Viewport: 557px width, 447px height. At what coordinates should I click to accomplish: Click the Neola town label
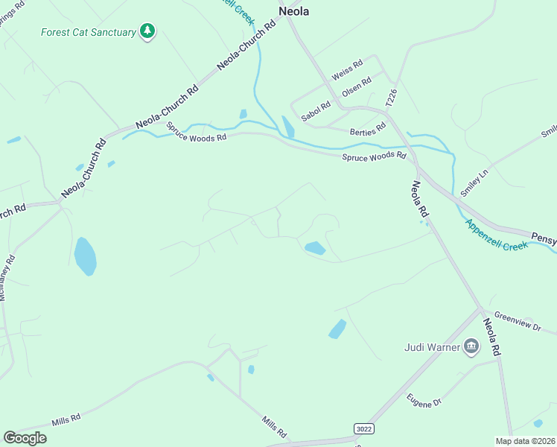(x=293, y=11)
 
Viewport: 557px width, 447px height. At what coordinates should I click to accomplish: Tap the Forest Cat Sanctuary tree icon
(x=149, y=31)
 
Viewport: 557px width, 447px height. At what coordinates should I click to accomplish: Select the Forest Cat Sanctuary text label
(x=88, y=32)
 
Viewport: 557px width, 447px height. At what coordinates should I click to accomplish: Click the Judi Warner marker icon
(x=471, y=346)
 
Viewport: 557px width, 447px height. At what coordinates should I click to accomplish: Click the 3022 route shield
(x=363, y=428)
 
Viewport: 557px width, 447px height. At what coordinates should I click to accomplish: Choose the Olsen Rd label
(x=356, y=88)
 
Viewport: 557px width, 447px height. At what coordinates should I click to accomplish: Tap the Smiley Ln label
(x=474, y=182)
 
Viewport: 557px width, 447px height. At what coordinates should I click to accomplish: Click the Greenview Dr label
(x=518, y=322)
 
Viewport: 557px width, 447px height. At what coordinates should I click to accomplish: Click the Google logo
(x=25, y=438)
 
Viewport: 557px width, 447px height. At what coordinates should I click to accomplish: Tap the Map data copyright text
(x=524, y=441)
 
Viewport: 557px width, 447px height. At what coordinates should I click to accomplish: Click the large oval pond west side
(x=85, y=256)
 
